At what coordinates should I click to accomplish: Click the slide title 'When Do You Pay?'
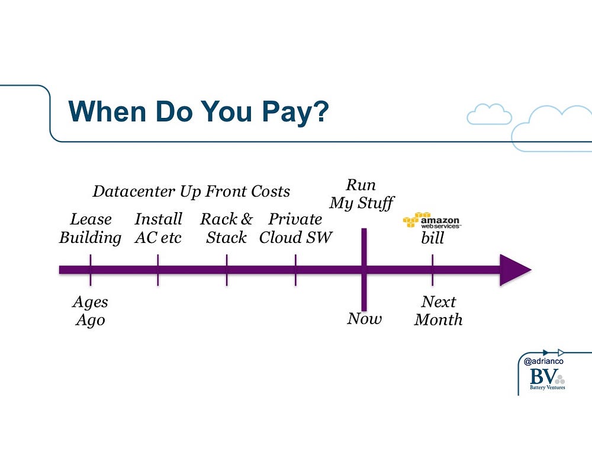(198, 111)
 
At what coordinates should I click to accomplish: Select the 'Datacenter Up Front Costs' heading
(191, 191)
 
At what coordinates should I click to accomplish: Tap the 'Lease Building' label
(90, 229)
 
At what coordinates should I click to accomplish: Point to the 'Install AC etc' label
(158, 229)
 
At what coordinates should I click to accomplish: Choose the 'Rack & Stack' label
(226, 229)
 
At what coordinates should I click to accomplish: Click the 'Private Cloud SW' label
(295, 229)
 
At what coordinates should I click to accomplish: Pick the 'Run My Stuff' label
(361, 194)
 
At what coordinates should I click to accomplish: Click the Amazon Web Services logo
(432, 220)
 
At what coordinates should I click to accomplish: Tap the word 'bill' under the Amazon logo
(432, 238)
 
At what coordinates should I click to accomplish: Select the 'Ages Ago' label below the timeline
(90, 311)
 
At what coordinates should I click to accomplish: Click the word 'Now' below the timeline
(364, 319)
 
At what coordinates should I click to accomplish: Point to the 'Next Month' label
(438, 310)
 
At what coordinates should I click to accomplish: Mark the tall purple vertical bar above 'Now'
(364, 270)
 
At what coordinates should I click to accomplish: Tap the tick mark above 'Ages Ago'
(90, 270)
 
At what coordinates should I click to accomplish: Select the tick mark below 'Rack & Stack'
(227, 270)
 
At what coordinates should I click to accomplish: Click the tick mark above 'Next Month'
(432, 270)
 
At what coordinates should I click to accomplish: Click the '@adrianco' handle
(543, 361)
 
